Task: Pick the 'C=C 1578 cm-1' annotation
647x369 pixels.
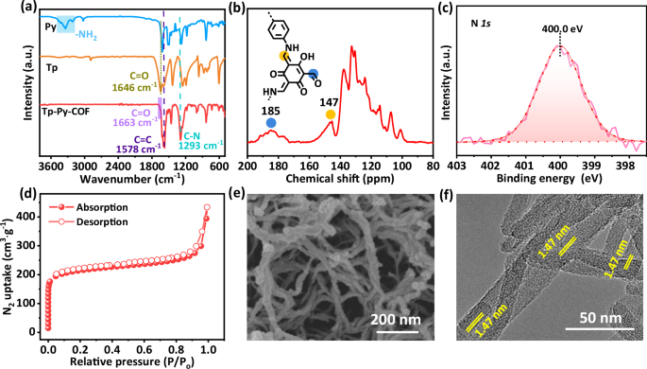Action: pos(138,142)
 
